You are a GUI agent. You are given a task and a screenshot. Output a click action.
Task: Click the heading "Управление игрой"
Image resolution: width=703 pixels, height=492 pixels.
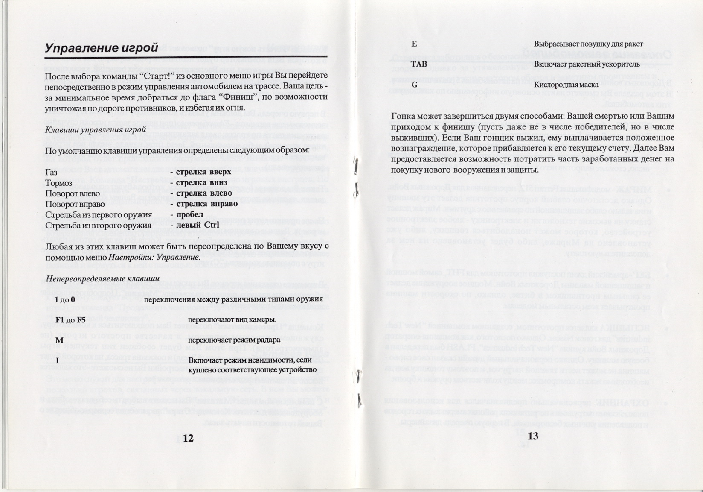pyautogui.click(x=102, y=48)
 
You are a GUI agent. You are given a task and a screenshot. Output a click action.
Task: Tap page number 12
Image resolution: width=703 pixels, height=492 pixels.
pyautogui.click(x=188, y=438)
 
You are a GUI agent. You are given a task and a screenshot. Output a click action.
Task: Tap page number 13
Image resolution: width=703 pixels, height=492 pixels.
pyautogui.click(x=533, y=436)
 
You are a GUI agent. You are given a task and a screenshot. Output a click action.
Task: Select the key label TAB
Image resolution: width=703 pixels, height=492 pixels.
pyautogui.click(x=418, y=64)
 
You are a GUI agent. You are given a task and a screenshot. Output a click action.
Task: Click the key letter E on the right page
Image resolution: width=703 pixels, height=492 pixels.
pyautogui.click(x=414, y=44)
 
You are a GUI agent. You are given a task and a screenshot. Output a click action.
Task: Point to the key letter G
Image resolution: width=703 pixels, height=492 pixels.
pyautogui.click(x=414, y=85)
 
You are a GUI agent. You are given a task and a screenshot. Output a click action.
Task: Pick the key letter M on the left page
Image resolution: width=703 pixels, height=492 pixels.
pyautogui.click(x=59, y=340)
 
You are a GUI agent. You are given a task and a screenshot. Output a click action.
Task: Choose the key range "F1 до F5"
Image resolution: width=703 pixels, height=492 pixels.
pyautogui.click(x=70, y=320)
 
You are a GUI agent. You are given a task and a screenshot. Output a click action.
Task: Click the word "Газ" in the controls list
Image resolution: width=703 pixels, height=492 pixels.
pyautogui.click(x=51, y=172)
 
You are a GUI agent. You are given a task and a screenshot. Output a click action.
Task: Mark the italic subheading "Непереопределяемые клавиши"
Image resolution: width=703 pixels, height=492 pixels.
pyautogui.click(x=102, y=279)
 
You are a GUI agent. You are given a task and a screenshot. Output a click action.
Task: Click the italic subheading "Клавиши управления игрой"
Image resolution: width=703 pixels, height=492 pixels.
pyautogui.click(x=96, y=130)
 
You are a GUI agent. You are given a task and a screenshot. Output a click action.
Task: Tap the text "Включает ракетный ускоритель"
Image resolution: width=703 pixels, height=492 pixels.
pyautogui.click(x=587, y=64)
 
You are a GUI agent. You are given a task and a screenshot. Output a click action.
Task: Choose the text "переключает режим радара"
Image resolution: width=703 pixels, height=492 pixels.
pyautogui.click(x=234, y=340)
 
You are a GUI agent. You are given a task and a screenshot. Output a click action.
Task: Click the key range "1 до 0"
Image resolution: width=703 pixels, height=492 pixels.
pyautogui.click(x=65, y=300)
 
